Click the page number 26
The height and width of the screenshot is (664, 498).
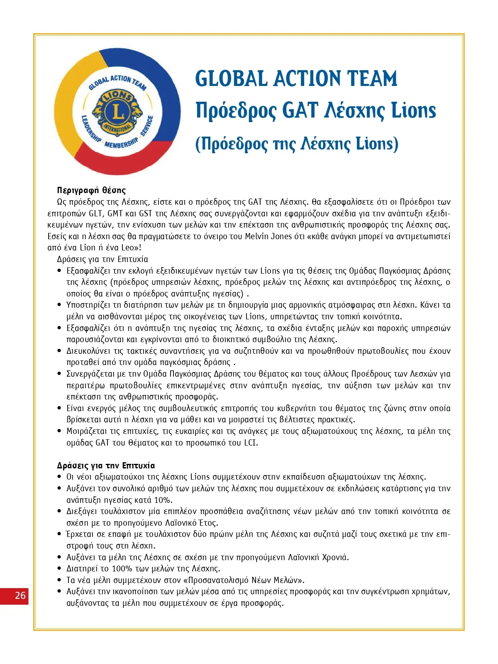20,595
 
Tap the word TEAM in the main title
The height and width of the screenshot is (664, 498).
372,79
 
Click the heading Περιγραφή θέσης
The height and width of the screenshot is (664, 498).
91,190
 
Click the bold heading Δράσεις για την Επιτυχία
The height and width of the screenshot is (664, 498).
106,466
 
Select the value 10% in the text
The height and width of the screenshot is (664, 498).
163,500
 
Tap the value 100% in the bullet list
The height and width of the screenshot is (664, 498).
122,568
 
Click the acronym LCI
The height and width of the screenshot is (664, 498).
251,443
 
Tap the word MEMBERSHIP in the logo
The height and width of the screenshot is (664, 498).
121,143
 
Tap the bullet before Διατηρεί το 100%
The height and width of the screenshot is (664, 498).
59,568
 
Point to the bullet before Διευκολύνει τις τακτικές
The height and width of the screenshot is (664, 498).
59,351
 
